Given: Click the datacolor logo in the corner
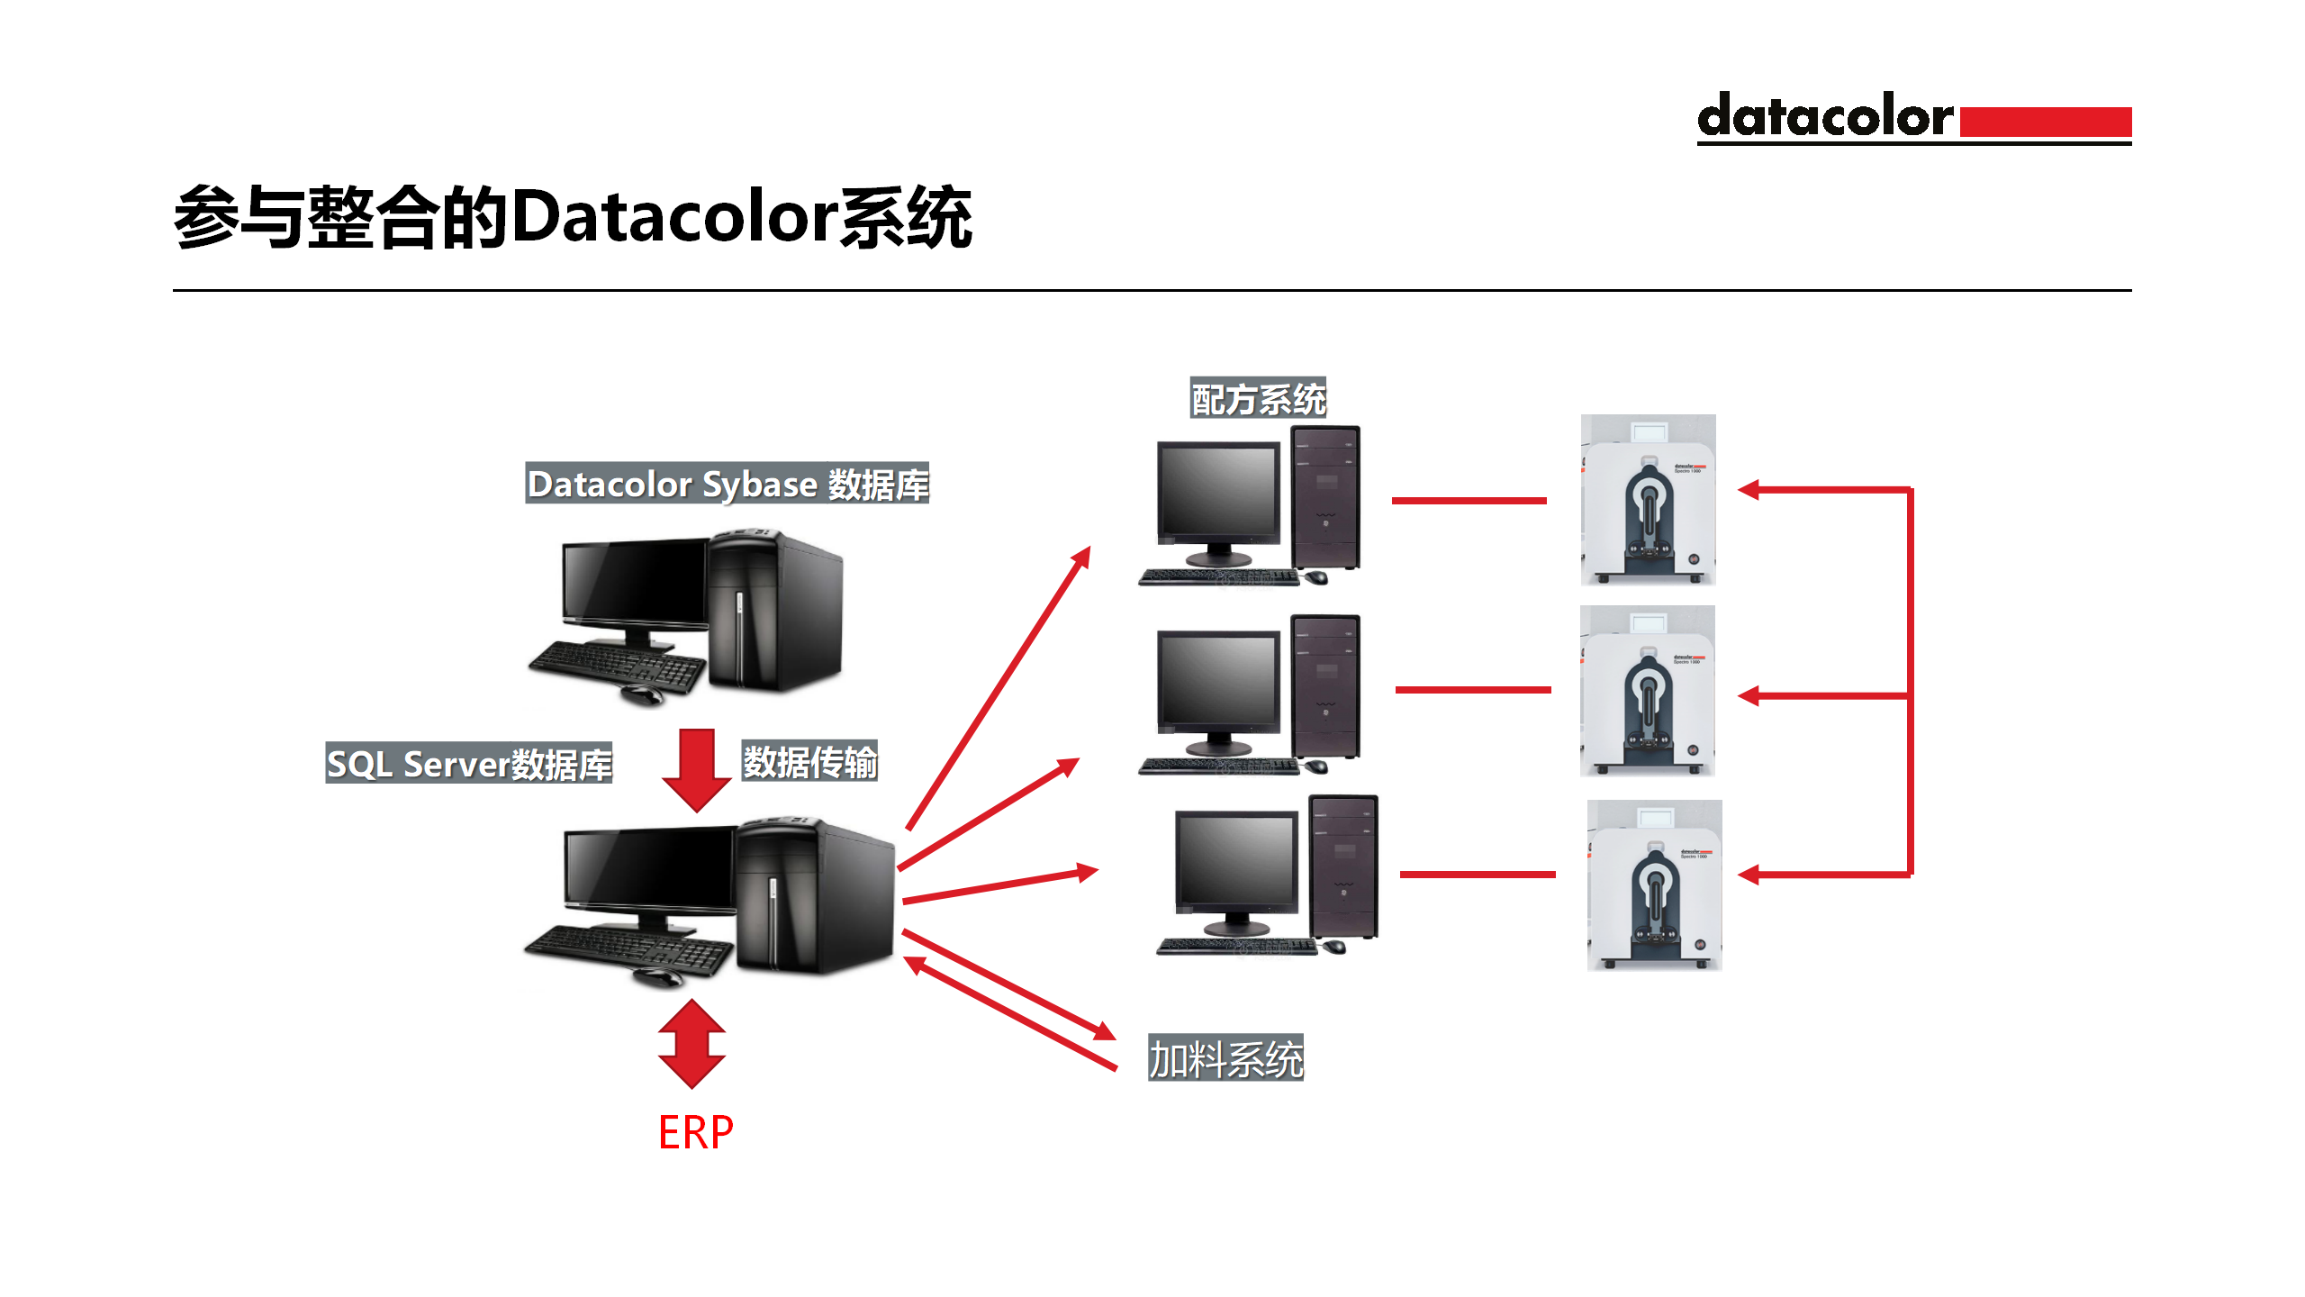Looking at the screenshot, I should point(1913,118).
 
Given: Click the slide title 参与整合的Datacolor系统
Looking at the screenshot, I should point(573,218).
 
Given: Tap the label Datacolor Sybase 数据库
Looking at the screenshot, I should point(727,484).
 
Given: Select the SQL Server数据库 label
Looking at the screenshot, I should point(468,764).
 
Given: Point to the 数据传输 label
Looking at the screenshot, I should point(809,762).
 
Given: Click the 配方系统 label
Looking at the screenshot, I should point(1258,399).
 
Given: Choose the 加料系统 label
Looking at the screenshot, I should point(1225,1058).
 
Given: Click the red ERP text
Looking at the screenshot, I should point(695,1132).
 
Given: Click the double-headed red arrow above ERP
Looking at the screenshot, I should point(691,1044).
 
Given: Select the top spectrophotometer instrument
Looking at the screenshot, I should point(1648,500).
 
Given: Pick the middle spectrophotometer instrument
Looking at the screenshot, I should point(1647,691).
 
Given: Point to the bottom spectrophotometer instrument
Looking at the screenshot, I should point(1654,885).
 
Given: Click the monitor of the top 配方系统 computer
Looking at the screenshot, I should point(1219,493).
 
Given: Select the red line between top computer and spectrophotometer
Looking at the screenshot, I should point(1469,500).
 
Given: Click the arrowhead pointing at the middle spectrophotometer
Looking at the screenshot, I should point(1749,696).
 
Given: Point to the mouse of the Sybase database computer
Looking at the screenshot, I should point(641,695).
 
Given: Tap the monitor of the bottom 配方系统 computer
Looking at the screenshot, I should point(1236,862).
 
